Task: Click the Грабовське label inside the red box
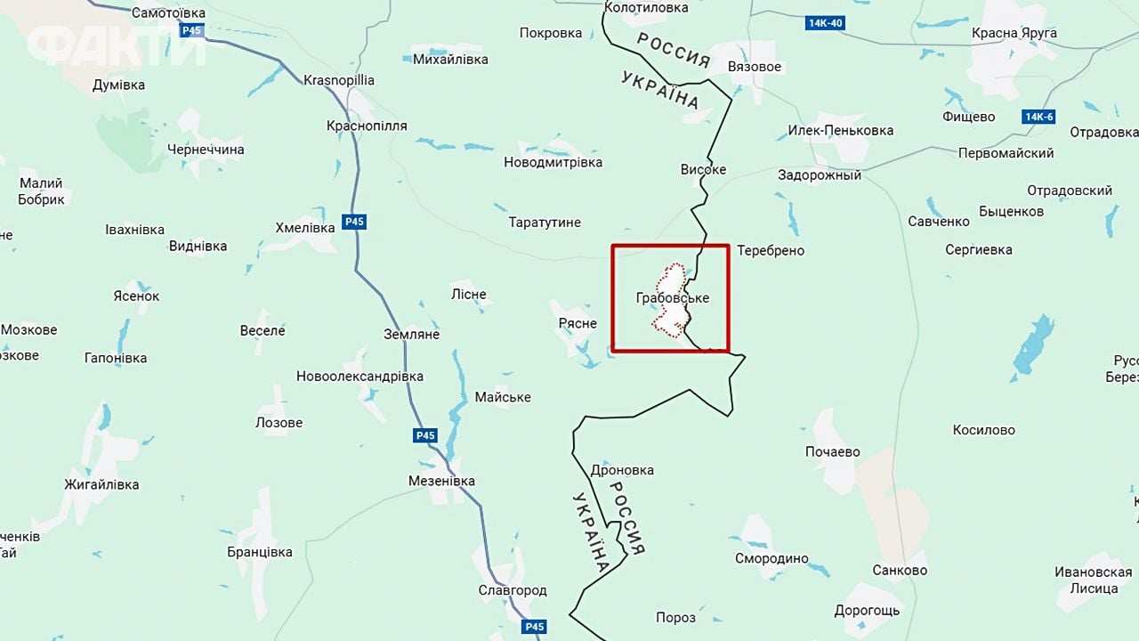(673, 298)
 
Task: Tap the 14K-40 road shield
(825, 23)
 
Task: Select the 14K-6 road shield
(1038, 117)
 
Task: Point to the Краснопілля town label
(367, 126)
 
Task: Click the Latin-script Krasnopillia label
(339, 80)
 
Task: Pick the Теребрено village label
(771, 250)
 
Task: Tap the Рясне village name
(578, 323)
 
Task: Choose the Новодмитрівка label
(553, 162)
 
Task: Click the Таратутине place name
(545, 222)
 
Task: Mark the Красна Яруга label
(1014, 33)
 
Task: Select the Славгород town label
(513, 590)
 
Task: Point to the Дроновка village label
(622, 470)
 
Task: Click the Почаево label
(833, 451)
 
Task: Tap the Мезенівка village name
(441, 481)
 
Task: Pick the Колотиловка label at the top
(646, 7)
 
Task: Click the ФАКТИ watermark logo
(116, 45)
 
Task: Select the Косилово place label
(983, 430)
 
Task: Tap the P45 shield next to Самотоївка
(190, 31)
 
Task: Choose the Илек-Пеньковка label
(840, 130)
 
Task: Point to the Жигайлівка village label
(101, 484)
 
